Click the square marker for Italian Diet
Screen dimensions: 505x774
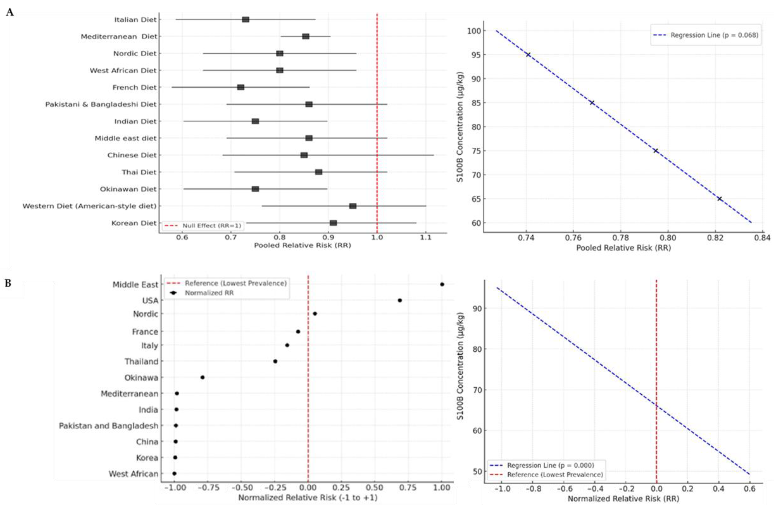tap(246, 20)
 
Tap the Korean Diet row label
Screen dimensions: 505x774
tap(134, 223)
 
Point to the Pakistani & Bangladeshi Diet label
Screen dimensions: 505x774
tap(101, 104)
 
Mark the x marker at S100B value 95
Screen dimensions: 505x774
tap(528, 55)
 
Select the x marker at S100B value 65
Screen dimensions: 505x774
tap(719, 199)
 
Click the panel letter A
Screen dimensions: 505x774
tap(10, 12)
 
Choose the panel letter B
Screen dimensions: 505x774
tap(8, 283)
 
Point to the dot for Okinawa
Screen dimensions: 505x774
tap(202, 377)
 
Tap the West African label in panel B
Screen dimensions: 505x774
tap(133, 474)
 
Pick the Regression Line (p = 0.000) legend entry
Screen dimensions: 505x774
tap(550, 465)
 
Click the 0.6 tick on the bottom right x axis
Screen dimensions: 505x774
tap(749, 489)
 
